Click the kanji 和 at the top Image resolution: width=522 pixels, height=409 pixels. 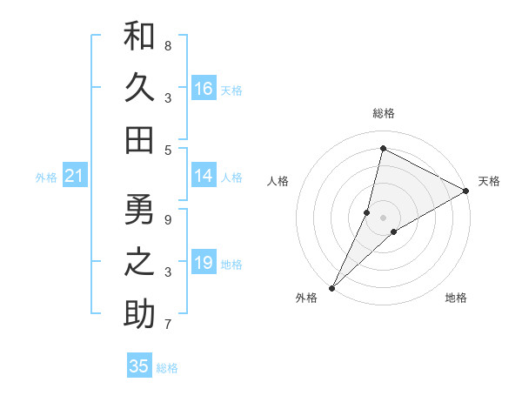[139, 37]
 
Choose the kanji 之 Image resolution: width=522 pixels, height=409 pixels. [139, 262]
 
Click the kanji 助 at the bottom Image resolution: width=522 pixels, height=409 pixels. [139, 313]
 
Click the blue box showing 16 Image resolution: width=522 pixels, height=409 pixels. [204, 89]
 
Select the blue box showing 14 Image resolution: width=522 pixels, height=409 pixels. [204, 176]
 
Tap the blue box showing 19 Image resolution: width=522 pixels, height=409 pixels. [204, 263]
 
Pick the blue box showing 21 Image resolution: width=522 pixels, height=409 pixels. [74, 177]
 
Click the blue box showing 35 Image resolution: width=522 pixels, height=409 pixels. [139, 366]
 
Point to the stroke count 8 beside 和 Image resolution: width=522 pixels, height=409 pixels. [168, 45]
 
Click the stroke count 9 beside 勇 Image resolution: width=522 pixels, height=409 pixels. [168, 219]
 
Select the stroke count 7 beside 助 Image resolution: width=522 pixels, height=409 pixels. [168, 325]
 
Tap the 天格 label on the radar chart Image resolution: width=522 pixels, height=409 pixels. [489, 181]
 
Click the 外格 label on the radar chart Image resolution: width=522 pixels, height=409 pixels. [306, 298]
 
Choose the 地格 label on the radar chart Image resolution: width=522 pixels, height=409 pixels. [456, 298]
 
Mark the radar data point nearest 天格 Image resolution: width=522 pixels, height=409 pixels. [466, 191]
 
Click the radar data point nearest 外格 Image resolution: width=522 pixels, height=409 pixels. [331, 287]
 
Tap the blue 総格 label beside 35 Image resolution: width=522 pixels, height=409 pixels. [167, 368]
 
